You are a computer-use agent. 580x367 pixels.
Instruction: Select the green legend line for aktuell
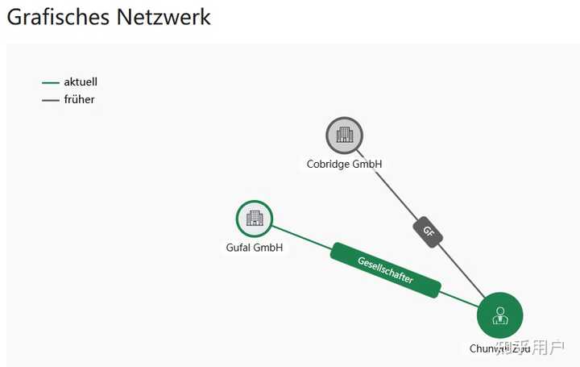click(50, 82)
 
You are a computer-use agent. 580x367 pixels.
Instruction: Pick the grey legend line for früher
click(50, 100)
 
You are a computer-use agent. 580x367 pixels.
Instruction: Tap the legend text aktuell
click(81, 82)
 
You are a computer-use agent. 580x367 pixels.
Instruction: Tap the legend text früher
click(79, 100)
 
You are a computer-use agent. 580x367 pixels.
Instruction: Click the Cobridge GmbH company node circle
click(345, 136)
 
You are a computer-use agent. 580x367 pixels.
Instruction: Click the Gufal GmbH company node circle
click(255, 219)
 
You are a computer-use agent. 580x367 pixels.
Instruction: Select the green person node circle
click(500, 315)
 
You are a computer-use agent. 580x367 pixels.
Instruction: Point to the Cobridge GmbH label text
click(344, 165)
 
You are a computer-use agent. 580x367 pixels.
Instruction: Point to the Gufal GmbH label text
click(255, 248)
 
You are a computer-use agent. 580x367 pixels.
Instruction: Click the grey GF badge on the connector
click(429, 231)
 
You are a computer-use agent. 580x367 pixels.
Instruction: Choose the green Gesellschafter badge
click(385, 270)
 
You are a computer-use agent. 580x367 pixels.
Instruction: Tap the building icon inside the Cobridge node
click(345, 135)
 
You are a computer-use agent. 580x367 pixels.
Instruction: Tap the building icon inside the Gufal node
click(255, 218)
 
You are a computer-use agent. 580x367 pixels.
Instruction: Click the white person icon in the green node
click(500, 315)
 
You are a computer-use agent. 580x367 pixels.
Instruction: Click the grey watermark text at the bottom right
click(531, 347)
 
